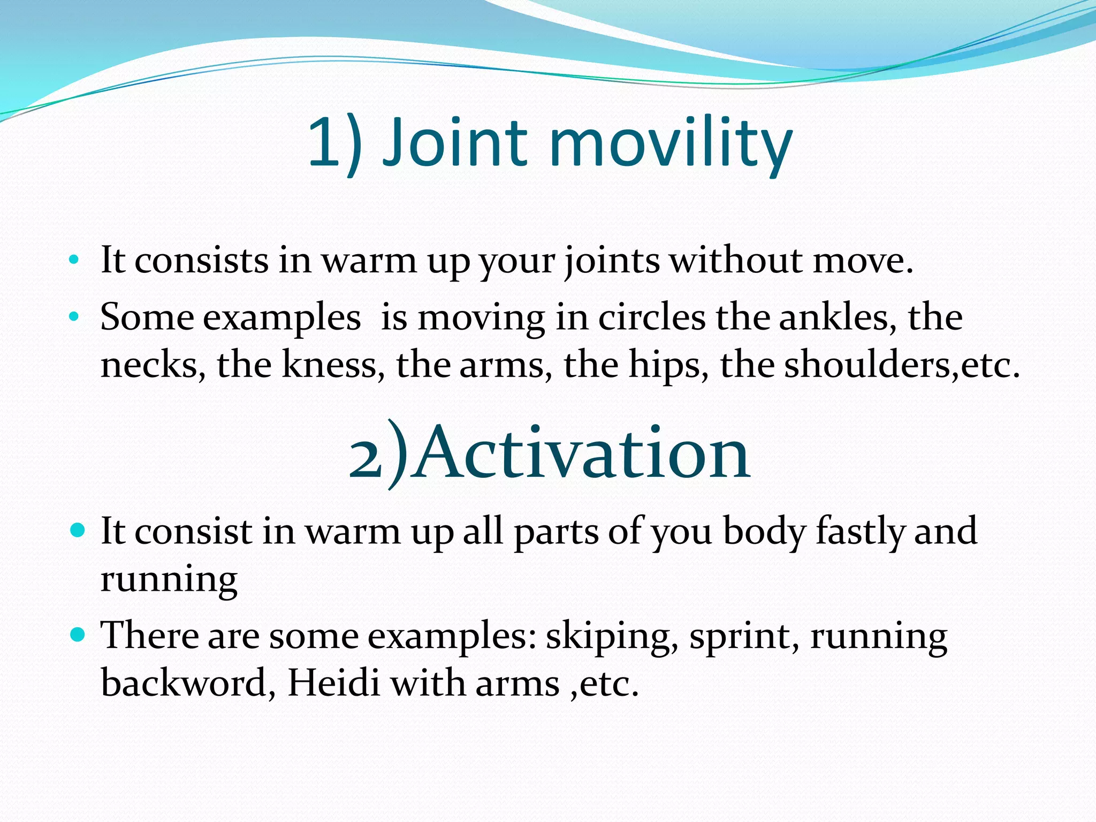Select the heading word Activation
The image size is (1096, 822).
(x=583, y=454)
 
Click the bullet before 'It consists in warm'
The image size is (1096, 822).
(x=74, y=261)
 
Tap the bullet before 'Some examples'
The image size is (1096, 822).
(x=74, y=317)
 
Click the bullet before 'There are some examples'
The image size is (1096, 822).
(x=78, y=635)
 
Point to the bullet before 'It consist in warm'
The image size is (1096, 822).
(x=78, y=531)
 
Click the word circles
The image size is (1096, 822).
(x=651, y=317)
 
